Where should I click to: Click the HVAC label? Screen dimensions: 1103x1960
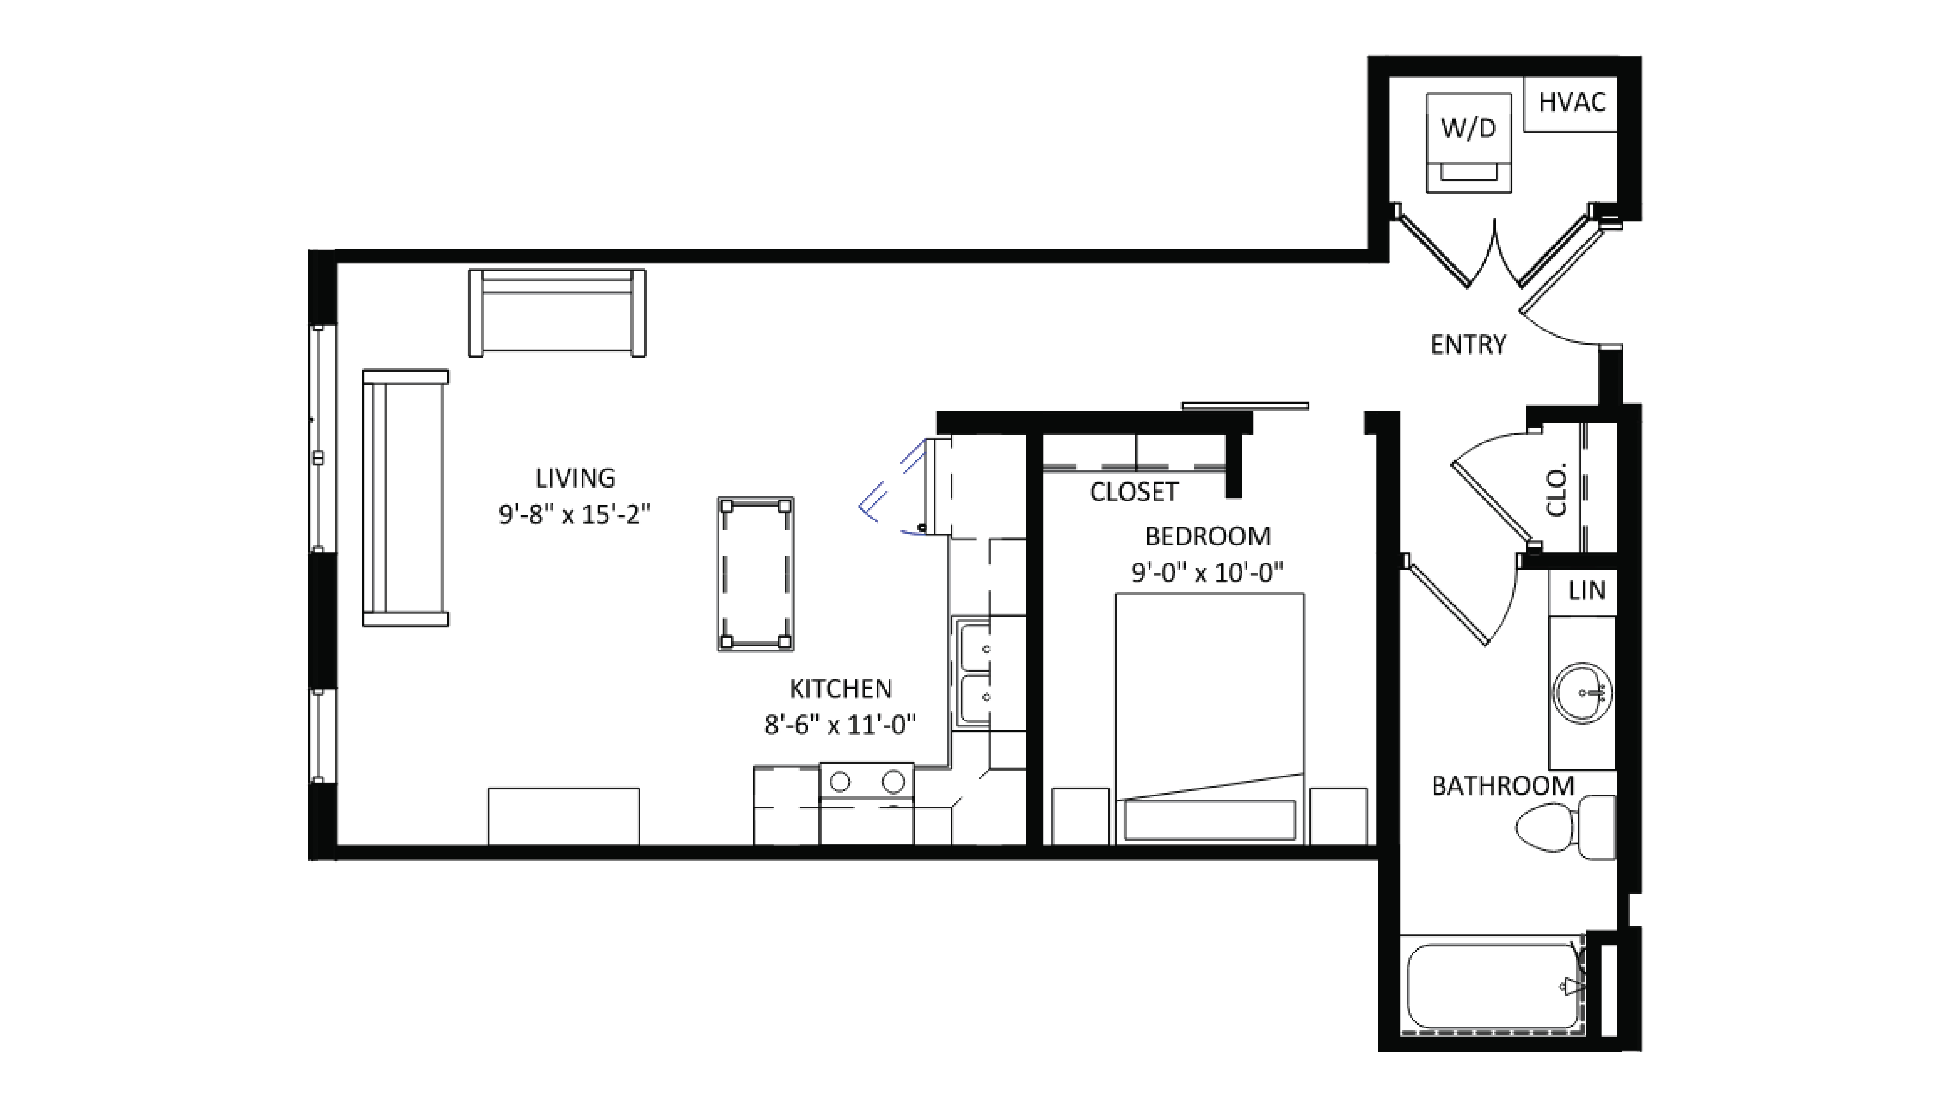point(1571,102)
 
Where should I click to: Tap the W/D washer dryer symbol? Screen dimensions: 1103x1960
point(1468,142)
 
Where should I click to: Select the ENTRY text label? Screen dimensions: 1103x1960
point(1468,345)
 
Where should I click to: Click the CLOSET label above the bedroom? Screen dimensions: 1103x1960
point(1134,492)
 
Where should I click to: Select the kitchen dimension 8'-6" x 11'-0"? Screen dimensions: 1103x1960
point(840,725)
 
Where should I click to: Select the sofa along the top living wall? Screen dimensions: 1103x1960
point(557,313)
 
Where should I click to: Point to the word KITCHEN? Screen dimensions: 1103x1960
point(840,688)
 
